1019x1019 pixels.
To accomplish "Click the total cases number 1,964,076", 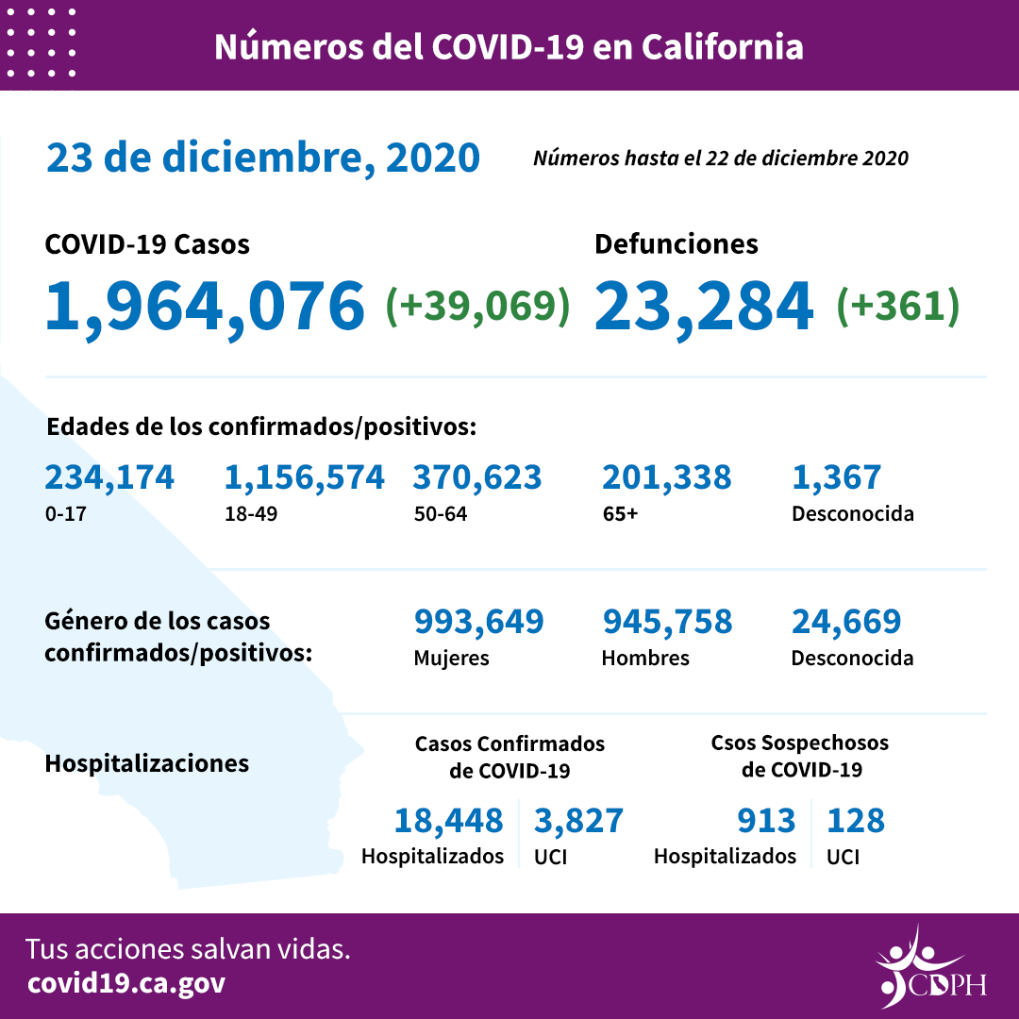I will [x=205, y=306].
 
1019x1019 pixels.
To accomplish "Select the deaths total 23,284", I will [x=704, y=306].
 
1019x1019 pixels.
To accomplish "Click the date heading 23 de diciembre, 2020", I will [x=263, y=158].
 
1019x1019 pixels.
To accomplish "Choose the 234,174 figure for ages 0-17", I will [x=109, y=477].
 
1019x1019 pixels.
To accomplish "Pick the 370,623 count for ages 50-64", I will [x=477, y=477].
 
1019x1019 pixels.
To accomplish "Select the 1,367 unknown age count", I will [x=836, y=477].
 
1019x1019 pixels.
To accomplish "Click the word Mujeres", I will [x=451, y=658].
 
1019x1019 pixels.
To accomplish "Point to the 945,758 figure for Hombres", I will [x=666, y=622].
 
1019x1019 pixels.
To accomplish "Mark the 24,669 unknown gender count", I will [x=846, y=622].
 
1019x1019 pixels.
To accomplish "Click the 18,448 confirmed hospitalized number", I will [x=448, y=821].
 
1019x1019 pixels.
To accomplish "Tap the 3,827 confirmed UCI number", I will [x=578, y=821].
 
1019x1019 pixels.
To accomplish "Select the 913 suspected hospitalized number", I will [x=766, y=821].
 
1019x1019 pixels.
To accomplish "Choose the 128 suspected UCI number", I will [x=856, y=821].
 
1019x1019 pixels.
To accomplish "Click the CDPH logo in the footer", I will [x=929, y=967].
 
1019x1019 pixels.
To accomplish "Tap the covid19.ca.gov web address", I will [x=125, y=983].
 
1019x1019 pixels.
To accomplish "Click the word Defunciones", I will [x=676, y=244].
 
